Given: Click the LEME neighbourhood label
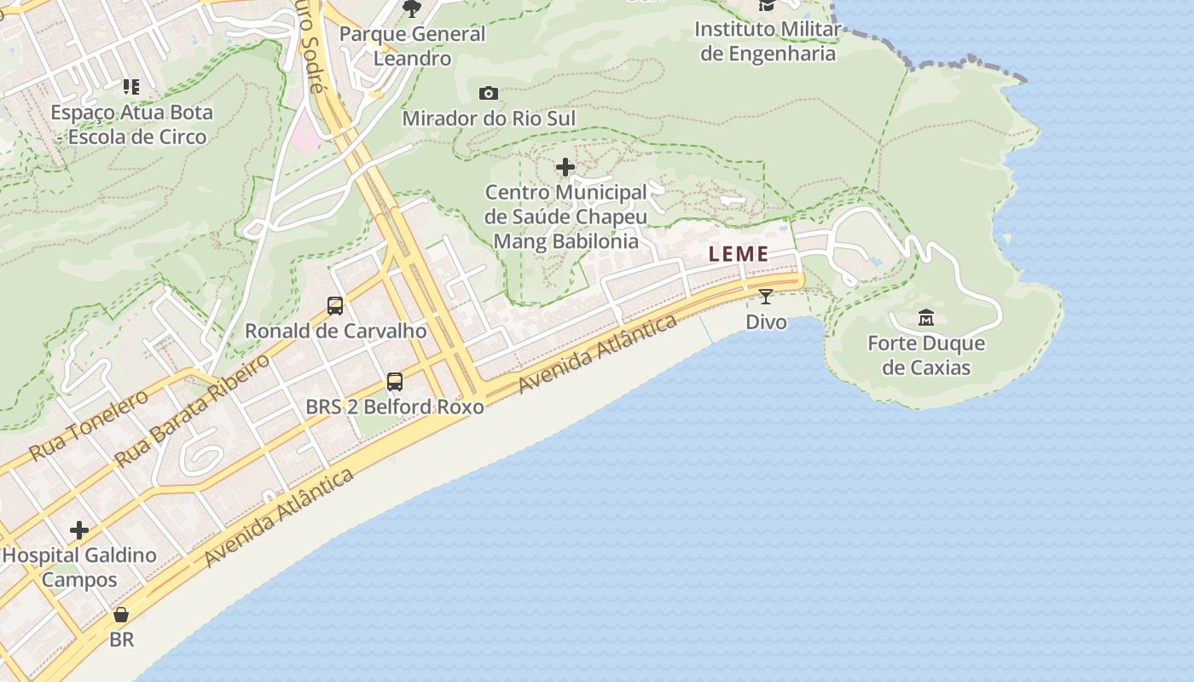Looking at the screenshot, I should [x=739, y=254].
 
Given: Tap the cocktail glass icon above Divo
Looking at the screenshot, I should [x=766, y=297].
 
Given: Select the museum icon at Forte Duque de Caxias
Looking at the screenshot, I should [x=926, y=319].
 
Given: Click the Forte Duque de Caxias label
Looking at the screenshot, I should [x=926, y=355].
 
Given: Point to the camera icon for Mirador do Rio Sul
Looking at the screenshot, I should [x=489, y=93].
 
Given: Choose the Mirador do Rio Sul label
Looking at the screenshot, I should [x=489, y=118].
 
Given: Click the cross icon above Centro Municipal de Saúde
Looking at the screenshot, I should [x=565, y=167].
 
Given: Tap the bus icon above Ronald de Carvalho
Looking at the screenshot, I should [x=335, y=305].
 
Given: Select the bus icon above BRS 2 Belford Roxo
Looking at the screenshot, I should [x=395, y=381].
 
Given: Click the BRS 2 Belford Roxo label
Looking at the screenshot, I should [x=395, y=407].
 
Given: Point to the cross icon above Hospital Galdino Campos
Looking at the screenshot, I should [x=79, y=530].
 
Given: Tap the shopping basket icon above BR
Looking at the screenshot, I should [x=122, y=615].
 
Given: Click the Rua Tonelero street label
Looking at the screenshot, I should [x=89, y=425].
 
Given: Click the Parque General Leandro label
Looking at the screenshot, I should [x=413, y=46].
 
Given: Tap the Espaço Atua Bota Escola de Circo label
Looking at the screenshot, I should [x=131, y=124].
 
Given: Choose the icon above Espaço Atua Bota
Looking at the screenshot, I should [x=130, y=86].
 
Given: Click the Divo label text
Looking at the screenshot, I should [x=766, y=322].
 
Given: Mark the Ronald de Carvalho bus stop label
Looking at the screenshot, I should [x=335, y=331].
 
